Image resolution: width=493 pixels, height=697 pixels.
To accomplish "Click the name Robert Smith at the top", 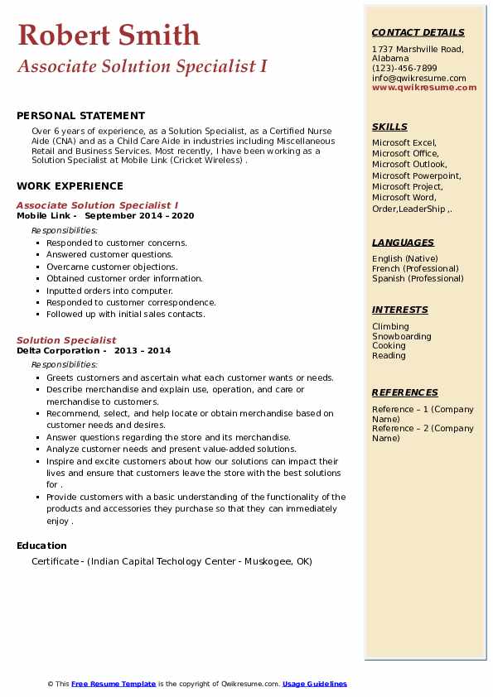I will (x=109, y=35).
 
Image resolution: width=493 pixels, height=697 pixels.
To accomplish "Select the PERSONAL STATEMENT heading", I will (x=80, y=116).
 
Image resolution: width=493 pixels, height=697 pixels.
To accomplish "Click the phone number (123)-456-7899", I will (x=404, y=69).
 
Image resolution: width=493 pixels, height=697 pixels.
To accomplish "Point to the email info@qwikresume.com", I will (x=418, y=79).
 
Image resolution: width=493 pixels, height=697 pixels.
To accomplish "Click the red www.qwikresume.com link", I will (x=424, y=88).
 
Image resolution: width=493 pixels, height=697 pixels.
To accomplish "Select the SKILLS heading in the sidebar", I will (x=389, y=127).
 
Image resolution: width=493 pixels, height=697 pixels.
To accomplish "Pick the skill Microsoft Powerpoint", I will (x=417, y=175).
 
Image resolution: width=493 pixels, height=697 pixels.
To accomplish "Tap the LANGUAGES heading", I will (x=403, y=243).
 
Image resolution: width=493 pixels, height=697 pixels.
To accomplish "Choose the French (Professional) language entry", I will (x=415, y=268).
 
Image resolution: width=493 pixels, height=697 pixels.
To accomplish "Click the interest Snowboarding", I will (x=402, y=336).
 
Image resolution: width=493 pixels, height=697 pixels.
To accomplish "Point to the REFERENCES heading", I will (x=404, y=392).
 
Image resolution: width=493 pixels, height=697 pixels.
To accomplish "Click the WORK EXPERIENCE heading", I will (x=70, y=186).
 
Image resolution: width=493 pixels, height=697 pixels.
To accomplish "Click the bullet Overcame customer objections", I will (x=112, y=267).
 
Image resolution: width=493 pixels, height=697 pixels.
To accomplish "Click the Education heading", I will (x=41, y=546).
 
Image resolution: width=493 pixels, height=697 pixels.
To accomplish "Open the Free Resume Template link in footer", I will (x=114, y=684).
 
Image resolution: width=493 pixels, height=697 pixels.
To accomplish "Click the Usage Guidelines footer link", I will (x=315, y=684).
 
